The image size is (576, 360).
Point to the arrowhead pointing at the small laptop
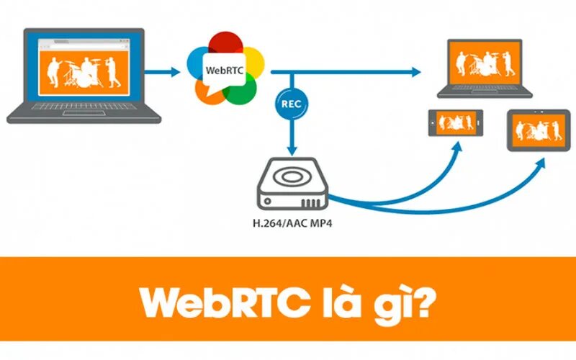[x=417, y=72]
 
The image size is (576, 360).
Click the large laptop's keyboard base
[x=83, y=114]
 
